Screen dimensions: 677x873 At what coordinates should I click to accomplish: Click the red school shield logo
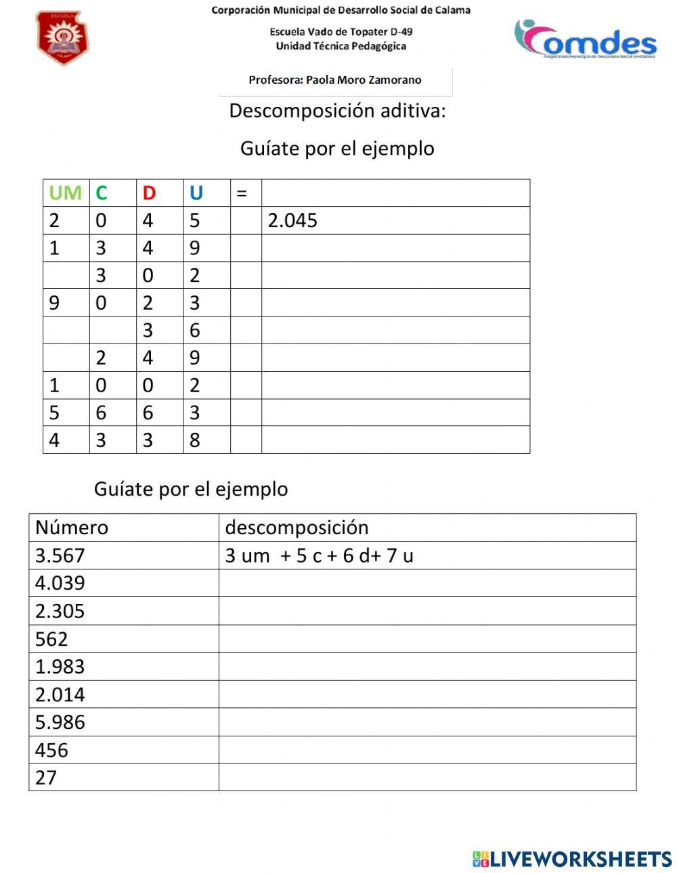(62, 38)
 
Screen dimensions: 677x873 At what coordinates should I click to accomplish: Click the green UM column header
(65, 193)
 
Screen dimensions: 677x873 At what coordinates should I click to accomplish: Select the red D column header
(149, 193)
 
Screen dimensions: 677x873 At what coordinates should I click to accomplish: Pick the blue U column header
(196, 193)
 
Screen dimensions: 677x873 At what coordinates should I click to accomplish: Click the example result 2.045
(292, 221)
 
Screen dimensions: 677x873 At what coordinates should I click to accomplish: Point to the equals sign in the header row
(242, 194)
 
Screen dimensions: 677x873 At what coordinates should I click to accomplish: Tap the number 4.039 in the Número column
(60, 583)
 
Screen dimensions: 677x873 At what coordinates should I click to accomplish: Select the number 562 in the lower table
(51, 639)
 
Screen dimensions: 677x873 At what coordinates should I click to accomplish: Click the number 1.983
(60, 667)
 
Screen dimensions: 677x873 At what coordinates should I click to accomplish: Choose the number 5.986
(60, 722)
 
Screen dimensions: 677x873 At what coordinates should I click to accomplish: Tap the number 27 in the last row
(46, 778)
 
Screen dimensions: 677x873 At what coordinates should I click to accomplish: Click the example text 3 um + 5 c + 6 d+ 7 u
(319, 556)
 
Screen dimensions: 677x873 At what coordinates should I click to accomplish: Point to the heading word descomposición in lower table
(297, 527)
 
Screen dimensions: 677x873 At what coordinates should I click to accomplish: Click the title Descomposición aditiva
(337, 110)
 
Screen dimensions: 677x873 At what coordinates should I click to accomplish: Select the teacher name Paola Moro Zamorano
(335, 80)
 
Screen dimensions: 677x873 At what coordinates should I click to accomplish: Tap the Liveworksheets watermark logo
(572, 859)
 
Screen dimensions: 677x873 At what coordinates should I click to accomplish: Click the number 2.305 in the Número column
(60, 611)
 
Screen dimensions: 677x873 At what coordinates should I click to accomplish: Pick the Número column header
(72, 527)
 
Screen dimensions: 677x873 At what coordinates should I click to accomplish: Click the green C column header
(102, 193)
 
